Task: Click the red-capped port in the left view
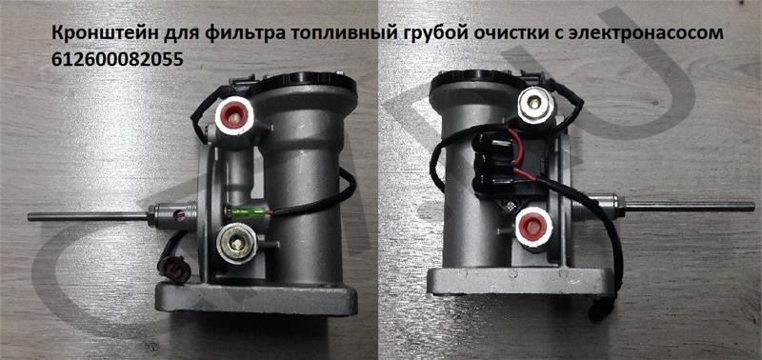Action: coord(233,115)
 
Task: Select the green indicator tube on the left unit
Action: coord(247,212)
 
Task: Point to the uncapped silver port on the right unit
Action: coord(535,104)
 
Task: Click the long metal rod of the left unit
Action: coord(88,216)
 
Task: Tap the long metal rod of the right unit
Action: coord(691,207)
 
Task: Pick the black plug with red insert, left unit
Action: coord(174,269)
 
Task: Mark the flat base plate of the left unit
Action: coord(256,298)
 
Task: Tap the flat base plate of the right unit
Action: coord(519,282)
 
